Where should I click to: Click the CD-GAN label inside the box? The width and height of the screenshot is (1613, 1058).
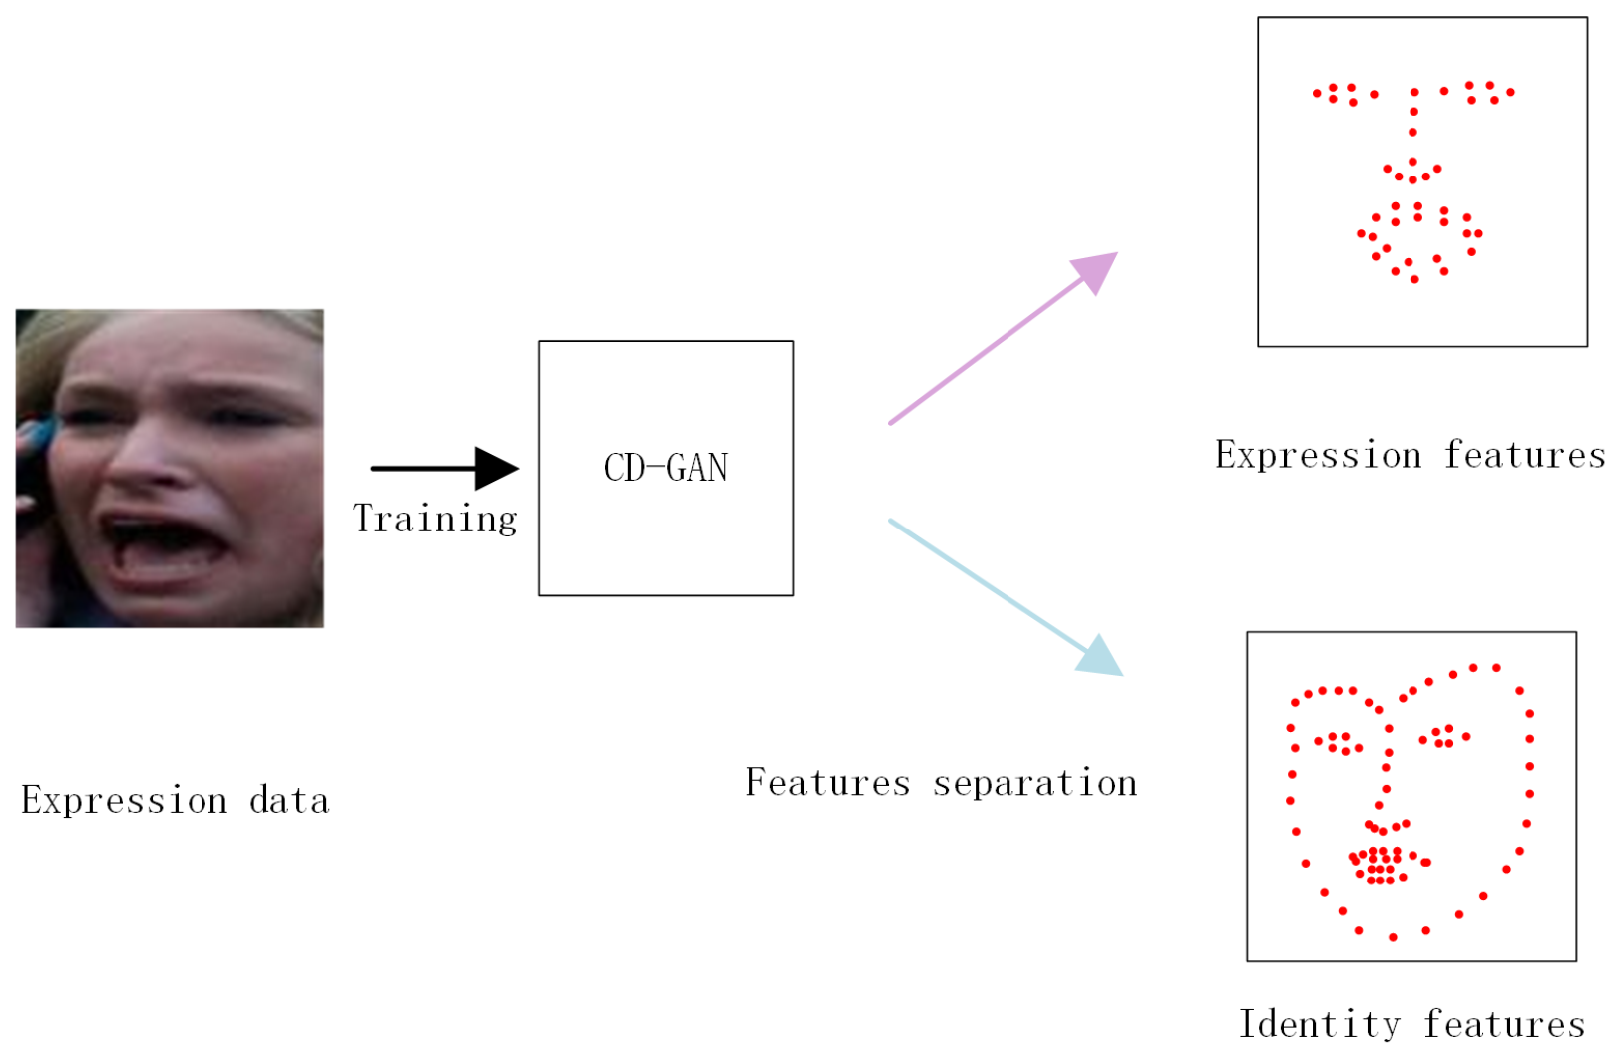[x=665, y=468]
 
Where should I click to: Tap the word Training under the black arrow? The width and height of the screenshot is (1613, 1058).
[x=435, y=520]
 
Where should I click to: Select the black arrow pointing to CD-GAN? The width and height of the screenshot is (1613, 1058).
[x=444, y=468]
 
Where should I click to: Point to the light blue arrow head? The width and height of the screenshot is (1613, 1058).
[x=1101, y=658]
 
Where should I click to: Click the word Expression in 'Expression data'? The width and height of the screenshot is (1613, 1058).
[x=125, y=801]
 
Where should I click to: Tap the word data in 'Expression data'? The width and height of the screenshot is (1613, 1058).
[x=289, y=801]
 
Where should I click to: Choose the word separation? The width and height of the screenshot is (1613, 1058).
[x=1034, y=783]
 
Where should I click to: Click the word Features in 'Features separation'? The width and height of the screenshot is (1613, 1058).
[x=828, y=783]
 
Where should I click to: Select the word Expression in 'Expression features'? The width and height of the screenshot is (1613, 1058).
[x=1318, y=455]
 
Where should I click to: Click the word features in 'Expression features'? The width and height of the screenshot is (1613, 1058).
[x=1525, y=455]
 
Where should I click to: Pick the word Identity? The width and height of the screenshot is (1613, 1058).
[x=1319, y=1024]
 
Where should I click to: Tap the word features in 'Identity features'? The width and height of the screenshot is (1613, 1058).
[x=1504, y=1024]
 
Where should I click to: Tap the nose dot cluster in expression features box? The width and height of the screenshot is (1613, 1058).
[x=1412, y=172]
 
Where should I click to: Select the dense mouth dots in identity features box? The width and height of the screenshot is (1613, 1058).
[x=1383, y=864]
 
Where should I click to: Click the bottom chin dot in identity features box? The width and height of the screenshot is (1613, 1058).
[x=1393, y=937]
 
